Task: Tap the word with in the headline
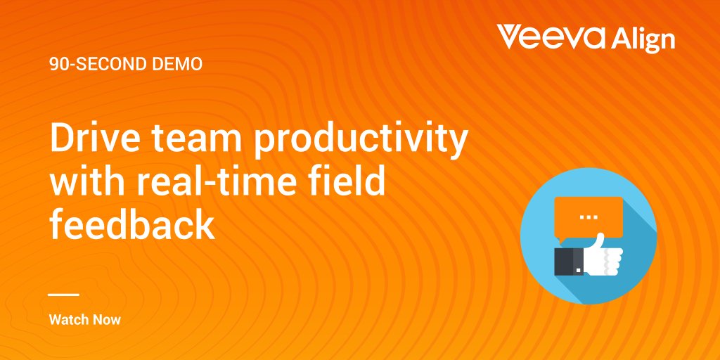[x=86, y=182]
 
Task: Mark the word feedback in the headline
[x=132, y=224]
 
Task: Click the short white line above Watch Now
[x=64, y=295]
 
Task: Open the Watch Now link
[x=85, y=320]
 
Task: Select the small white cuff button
[x=578, y=269]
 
